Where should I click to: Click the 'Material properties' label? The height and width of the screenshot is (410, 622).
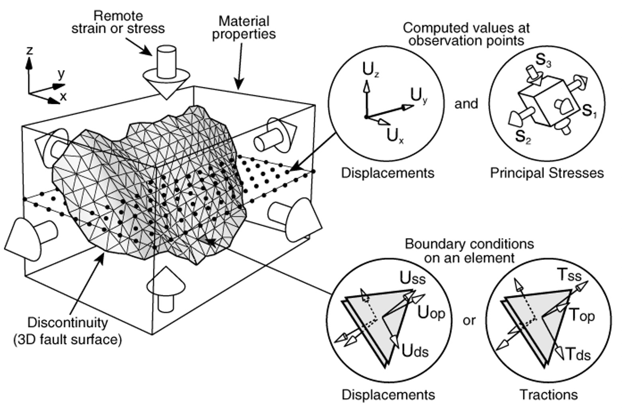click(x=244, y=27)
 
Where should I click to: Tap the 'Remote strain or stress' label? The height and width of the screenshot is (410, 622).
click(x=118, y=22)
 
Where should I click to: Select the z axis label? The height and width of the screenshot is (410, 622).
click(x=29, y=51)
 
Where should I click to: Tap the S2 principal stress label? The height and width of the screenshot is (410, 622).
click(x=523, y=137)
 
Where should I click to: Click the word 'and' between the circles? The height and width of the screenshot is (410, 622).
click(x=466, y=104)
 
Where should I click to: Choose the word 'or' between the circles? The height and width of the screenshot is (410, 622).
click(x=469, y=320)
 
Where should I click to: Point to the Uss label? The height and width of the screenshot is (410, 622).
click(x=413, y=278)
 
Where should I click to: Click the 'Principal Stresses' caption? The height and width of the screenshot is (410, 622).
click(x=546, y=173)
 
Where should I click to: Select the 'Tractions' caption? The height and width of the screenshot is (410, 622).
click(x=548, y=394)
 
